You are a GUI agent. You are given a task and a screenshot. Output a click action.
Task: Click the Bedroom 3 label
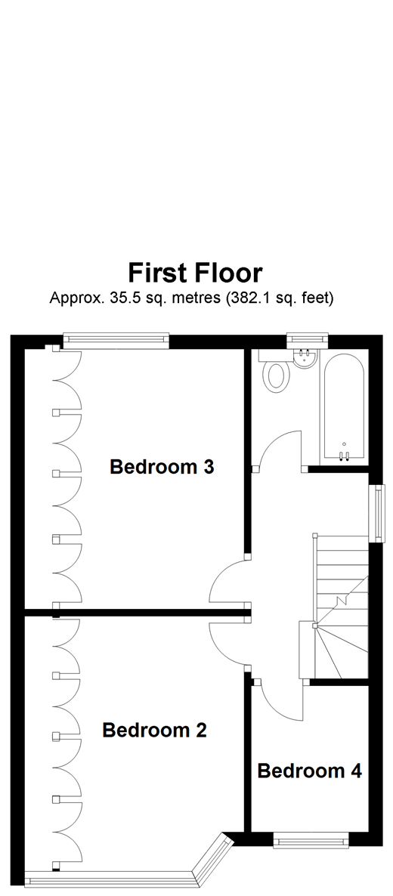(162, 467)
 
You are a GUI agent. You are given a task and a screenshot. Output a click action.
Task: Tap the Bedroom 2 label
(154, 731)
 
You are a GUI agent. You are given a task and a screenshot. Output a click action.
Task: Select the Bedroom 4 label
(309, 771)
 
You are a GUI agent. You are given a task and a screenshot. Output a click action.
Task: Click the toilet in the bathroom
(276, 375)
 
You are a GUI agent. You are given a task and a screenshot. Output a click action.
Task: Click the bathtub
(345, 408)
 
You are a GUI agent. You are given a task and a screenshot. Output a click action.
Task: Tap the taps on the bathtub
(345, 456)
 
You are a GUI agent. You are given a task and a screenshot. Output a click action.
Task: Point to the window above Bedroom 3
(115, 341)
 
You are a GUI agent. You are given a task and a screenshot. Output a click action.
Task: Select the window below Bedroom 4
(311, 839)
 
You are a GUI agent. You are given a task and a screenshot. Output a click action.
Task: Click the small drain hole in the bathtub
(345, 444)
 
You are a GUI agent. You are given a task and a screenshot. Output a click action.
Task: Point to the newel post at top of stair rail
(314, 538)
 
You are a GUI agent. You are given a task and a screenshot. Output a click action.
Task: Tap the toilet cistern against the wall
(259, 372)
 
